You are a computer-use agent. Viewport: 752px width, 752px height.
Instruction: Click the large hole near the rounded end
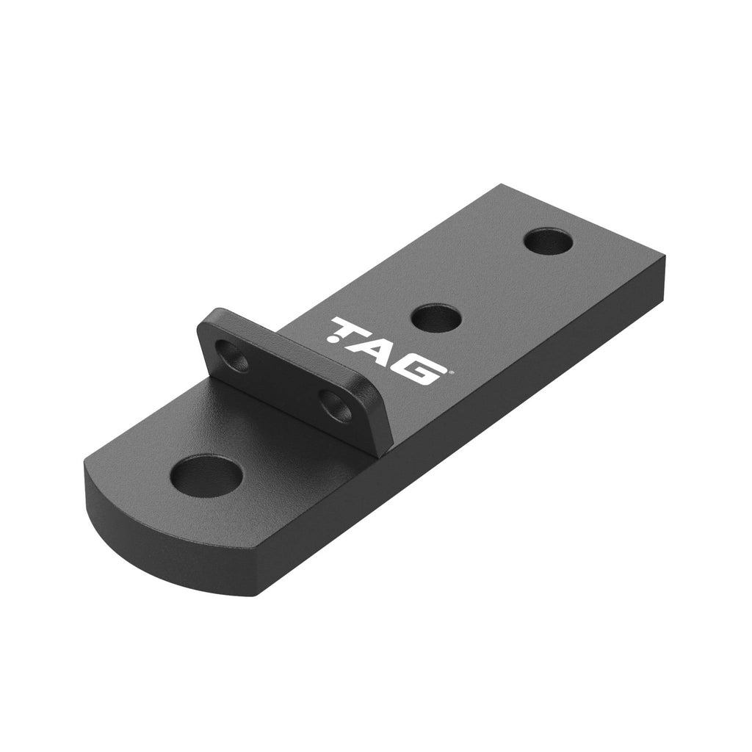(205, 476)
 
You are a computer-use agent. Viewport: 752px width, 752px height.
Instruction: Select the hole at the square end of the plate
(549, 242)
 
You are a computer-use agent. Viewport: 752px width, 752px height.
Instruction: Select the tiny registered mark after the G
(449, 372)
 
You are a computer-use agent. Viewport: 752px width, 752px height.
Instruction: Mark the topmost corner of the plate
(501, 185)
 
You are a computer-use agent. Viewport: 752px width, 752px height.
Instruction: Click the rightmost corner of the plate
(665, 258)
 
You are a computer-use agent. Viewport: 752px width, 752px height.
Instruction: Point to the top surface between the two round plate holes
(491, 281)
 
